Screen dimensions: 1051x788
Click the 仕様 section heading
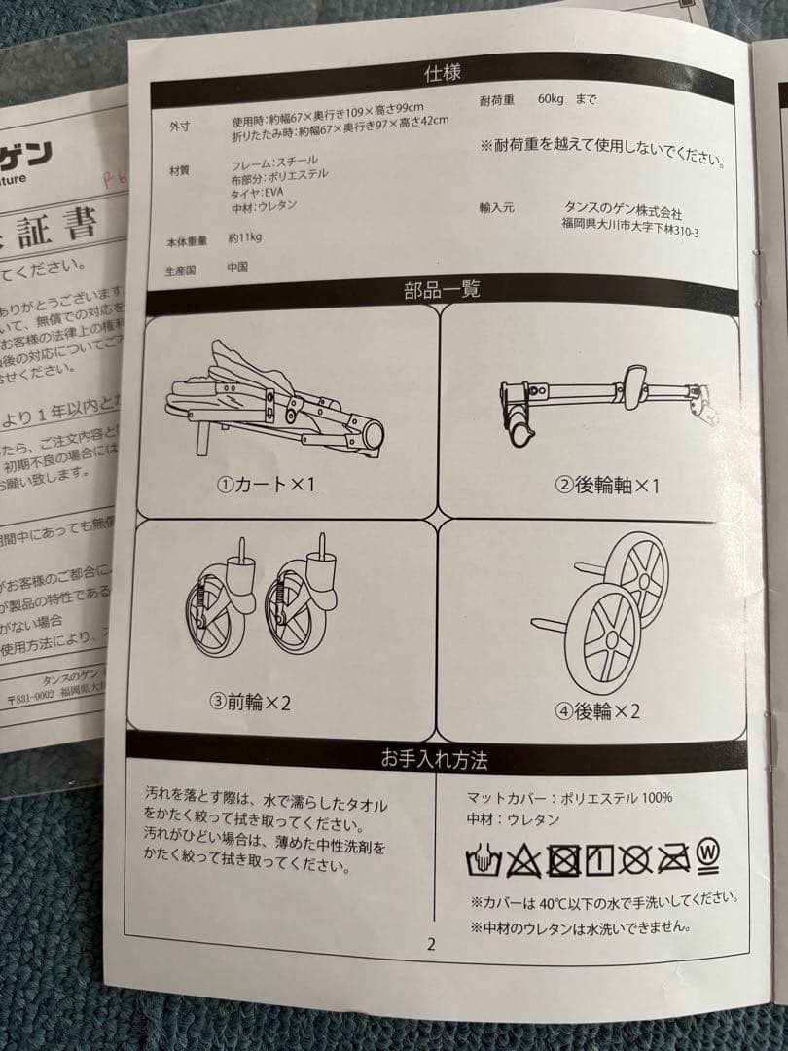(443, 73)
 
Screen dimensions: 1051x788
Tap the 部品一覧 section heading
(442, 289)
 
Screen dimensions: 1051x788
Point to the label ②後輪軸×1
(606, 486)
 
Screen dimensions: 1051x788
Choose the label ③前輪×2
(250, 701)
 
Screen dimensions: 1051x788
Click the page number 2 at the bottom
(431, 943)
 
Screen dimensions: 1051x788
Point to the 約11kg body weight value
(245, 236)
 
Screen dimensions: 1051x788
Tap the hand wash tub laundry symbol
(484, 859)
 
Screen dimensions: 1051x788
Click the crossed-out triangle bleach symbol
(522, 859)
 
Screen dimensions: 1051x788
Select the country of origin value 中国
(237, 266)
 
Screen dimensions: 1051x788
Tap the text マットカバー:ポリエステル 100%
(569, 798)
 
